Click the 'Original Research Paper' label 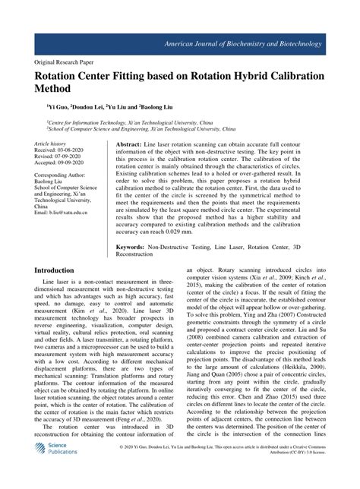point(70,65)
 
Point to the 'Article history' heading point(52,144)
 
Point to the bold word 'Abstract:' point(129,144)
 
